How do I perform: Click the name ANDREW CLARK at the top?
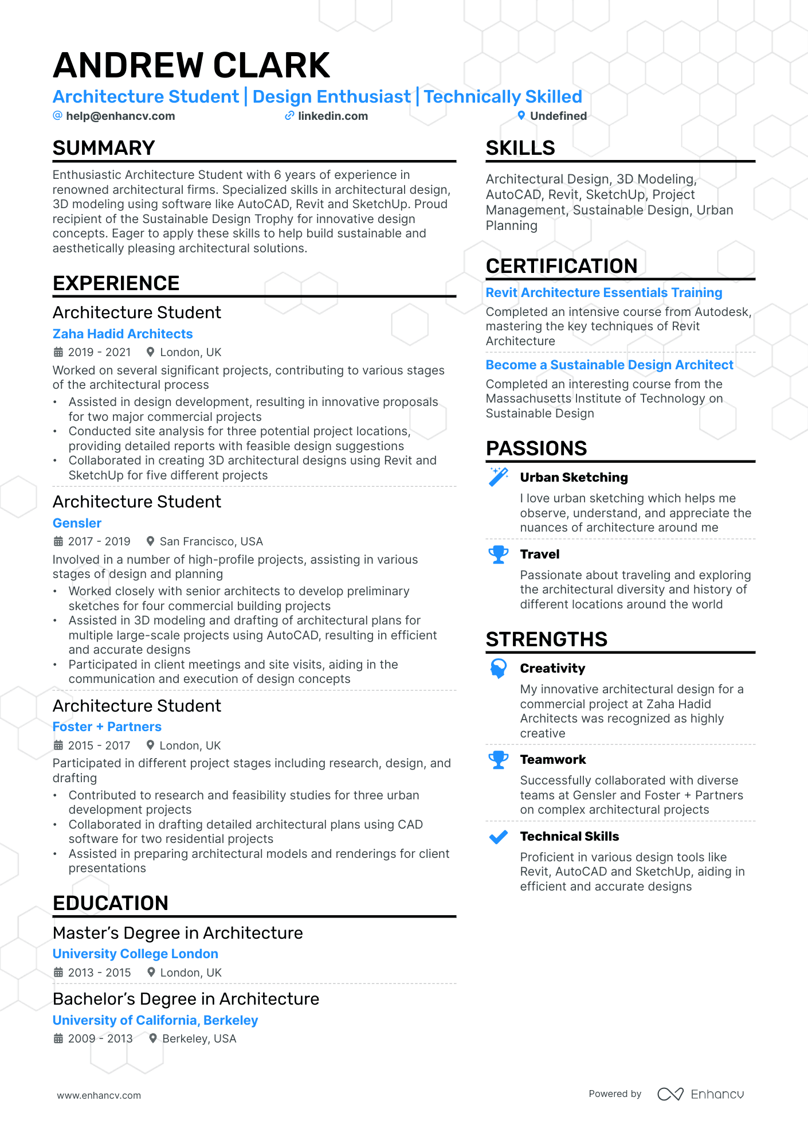191,65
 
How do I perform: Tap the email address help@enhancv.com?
120,116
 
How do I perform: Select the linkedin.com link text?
333,116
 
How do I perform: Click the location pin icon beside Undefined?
521,115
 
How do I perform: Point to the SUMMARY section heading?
104,148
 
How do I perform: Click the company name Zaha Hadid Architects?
123,334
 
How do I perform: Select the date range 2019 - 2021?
99,352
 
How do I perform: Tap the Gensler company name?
77,523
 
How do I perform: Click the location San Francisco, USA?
211,541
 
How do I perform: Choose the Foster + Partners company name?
107,727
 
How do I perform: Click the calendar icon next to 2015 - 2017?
58,745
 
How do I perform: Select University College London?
135,954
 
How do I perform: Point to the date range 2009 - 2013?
100,1038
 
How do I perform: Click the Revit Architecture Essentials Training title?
604,292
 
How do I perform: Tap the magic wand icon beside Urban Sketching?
499,477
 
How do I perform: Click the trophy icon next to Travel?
499,554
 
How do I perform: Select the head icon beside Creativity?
499,668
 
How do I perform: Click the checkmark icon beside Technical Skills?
499,837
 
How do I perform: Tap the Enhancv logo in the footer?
700,1094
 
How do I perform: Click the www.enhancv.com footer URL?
99,1095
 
